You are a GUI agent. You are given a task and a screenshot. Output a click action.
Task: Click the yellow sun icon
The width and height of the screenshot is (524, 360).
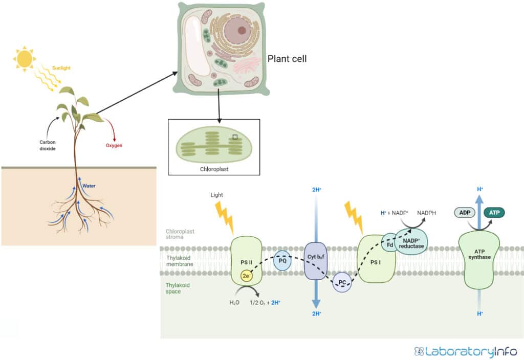(x=24, y=59)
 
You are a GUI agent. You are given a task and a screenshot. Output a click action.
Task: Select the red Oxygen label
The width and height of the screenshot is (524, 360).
(x=114, y=146)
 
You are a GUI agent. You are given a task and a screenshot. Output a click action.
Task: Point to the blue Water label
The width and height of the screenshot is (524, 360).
(x=89, y=186)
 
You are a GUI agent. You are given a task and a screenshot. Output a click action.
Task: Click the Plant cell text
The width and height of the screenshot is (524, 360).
(x=287, y=59)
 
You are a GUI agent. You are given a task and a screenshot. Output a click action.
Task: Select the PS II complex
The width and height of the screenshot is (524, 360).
(x=247, y=262)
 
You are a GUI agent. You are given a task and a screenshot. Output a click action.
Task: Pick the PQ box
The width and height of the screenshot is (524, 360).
(x=282, y=261)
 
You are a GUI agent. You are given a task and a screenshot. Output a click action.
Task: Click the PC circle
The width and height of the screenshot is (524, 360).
(x=342, y=282)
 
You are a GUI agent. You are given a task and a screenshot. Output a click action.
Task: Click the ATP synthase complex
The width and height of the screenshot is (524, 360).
(x=479, y=257)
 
